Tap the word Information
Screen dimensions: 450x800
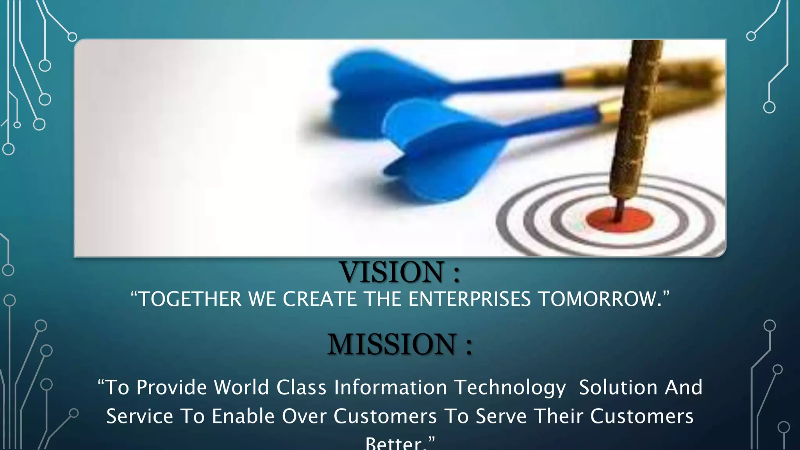click(390, 387)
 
